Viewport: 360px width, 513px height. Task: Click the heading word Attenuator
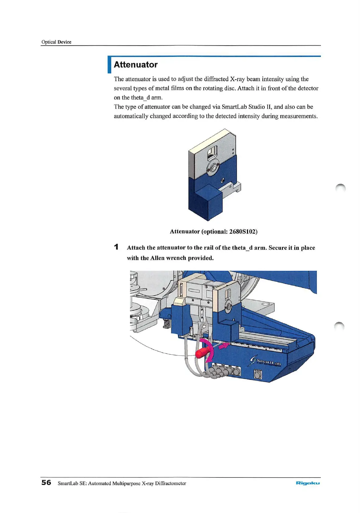coord(135,65)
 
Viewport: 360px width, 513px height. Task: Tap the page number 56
coord(46,483)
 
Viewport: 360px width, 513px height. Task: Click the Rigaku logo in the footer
coord(307,483)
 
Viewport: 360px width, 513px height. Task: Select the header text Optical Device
coord(56,42)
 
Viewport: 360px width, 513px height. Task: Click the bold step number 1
coord(116,247)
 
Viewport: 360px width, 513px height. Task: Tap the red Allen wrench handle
coord(202,353)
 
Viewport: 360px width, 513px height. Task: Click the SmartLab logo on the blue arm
coord(266,361)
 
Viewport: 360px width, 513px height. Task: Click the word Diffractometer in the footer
coord(170,483)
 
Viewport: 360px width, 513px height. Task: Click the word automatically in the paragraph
coord(131,116)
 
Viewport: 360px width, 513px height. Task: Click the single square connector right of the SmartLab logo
coord(258,375)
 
